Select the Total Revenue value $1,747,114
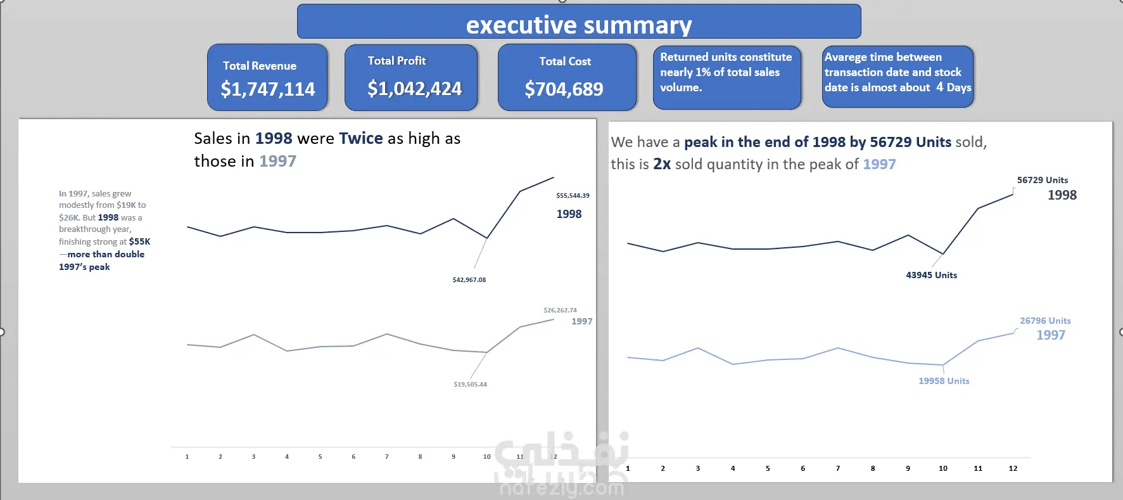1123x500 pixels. click(267, 89)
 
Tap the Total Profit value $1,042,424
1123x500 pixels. click(414, 89)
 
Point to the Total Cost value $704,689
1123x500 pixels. click(564, 89)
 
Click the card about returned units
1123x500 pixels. click(726, 77)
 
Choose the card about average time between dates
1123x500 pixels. click(898, 77)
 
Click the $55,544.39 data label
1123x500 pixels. click(573, 196)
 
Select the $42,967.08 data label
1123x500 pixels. click(469, 280)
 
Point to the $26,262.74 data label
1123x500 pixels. click(560, 311)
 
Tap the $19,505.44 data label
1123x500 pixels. click(470, 385)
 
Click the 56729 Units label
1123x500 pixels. click(1042, 181)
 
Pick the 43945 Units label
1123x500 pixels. click(931, 276)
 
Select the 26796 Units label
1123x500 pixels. click(1044, 321)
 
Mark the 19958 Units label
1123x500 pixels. click(944, 381)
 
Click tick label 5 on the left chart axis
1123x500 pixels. click(320, 457)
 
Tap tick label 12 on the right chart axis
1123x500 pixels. click(1013, 469)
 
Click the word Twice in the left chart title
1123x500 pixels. click(360, 139)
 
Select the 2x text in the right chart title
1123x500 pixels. click(662, 165)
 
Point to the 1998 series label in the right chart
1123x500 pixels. click(1062, 196)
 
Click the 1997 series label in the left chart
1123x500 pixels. click(581, 322)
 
